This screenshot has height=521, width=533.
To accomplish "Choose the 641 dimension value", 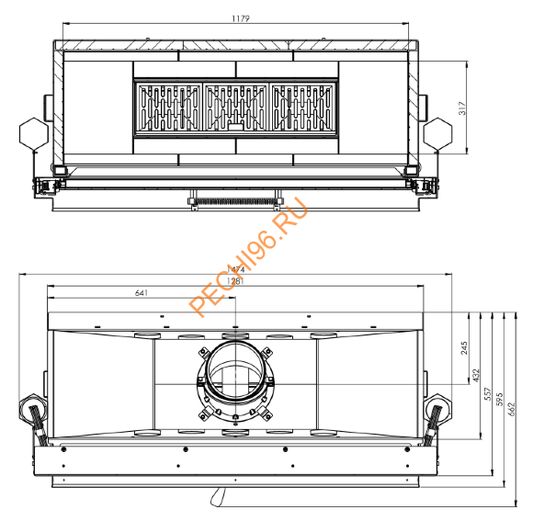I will point(141,293).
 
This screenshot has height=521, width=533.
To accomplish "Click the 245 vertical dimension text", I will point(465,346).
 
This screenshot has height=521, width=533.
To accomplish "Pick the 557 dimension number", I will point(488,393).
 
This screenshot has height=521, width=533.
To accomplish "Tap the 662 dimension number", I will point(511,405).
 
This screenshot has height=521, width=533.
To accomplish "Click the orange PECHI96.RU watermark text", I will point(248,258).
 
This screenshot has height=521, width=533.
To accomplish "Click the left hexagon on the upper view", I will point(33,132).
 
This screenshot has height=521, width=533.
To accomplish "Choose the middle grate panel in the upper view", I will point(236,110).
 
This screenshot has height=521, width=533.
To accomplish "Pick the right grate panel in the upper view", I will point(304,110).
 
